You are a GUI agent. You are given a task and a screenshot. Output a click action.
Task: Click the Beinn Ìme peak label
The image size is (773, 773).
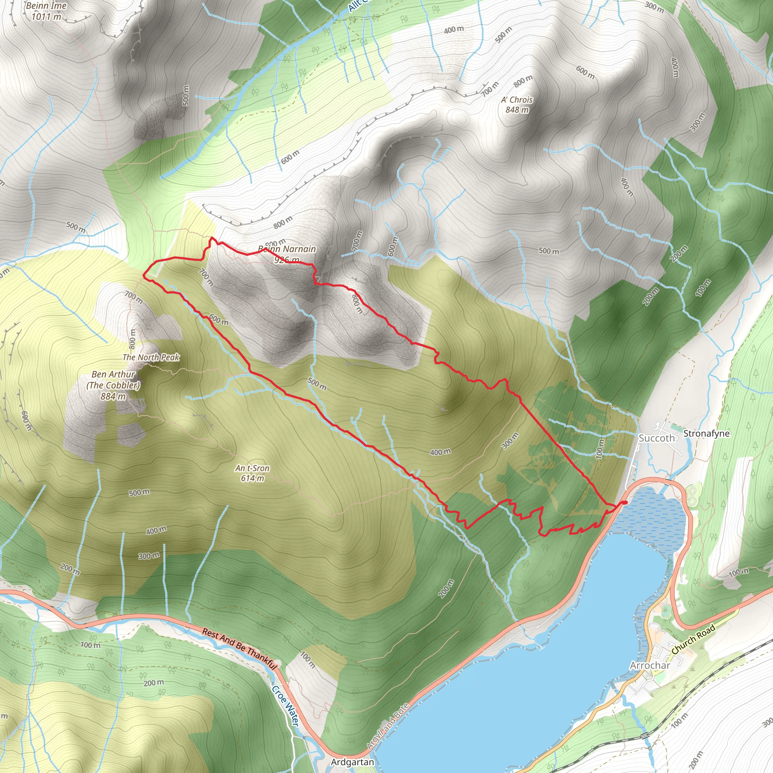point(46,6)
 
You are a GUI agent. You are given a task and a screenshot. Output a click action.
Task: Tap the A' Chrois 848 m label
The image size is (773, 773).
point(517,104)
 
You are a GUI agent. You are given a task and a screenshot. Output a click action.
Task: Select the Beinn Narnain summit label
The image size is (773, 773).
point(287,249)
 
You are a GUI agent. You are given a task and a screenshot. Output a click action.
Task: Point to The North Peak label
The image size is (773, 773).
point(151,357)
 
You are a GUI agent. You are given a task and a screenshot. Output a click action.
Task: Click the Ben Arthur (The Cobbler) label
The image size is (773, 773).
point(113,380)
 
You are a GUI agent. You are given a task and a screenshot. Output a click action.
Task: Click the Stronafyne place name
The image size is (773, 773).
point(706,433)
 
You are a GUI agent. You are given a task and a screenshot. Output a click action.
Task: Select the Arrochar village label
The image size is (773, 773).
point(650,665)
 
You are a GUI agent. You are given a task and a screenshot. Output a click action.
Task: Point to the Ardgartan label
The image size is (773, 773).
point(352,762)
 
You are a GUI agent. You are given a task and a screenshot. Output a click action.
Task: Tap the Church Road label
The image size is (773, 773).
point(693,640)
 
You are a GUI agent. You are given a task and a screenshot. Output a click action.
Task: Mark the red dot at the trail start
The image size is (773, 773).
point(625,502)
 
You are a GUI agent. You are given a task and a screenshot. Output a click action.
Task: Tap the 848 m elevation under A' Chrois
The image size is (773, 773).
point(517,109)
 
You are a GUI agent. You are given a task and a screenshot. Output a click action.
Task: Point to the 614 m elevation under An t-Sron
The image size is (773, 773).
point(253,478)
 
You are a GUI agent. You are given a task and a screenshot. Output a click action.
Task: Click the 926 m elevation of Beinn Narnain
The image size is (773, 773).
point(287,260)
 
